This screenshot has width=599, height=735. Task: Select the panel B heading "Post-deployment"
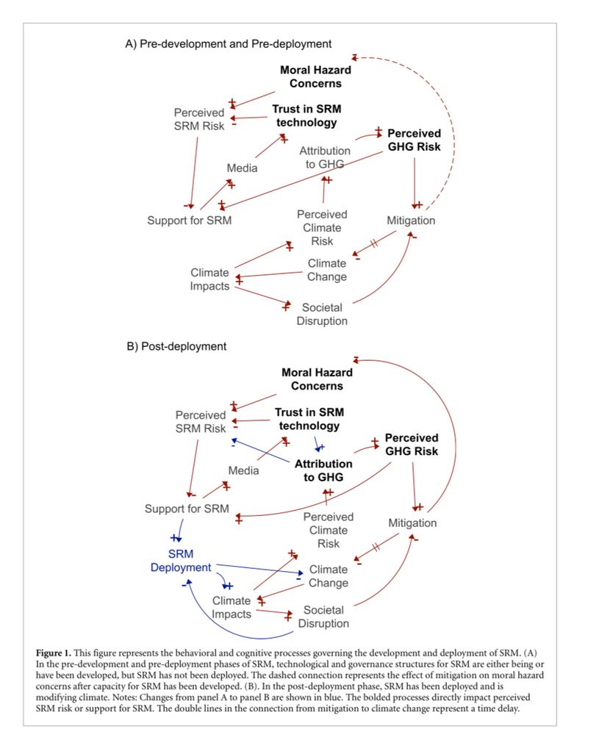[x=177, y=345]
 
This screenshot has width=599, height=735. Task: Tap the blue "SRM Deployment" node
[x=181, y=560]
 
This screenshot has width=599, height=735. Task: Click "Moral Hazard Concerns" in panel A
[x=315, y=76]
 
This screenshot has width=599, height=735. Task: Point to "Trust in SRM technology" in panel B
[x=309, y=419]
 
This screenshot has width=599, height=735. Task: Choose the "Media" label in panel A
[x=242, y=168]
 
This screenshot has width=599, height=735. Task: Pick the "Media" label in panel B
[x=243, y=470]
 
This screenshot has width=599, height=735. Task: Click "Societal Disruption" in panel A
[x=322, y=314]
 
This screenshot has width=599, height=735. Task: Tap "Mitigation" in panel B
[x=412, y=523]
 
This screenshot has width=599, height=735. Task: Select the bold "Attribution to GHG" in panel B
[x=323, y=470]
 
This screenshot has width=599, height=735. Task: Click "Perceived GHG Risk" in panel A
[x=414, y=140]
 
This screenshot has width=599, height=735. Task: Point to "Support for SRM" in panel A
[x=189, y=220]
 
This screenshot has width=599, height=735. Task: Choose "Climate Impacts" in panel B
[x=232, y=608]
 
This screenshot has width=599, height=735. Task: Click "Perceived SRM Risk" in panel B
[x=201, y=422]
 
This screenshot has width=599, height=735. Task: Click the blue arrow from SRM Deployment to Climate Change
[x=257, y=569]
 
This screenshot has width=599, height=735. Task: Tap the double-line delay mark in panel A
[x=374, y=243]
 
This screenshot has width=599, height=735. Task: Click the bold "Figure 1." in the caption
[x=58, y=653]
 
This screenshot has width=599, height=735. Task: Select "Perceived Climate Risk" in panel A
[x=322, y=228]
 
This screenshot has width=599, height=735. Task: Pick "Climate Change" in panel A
[x=327, y=270]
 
